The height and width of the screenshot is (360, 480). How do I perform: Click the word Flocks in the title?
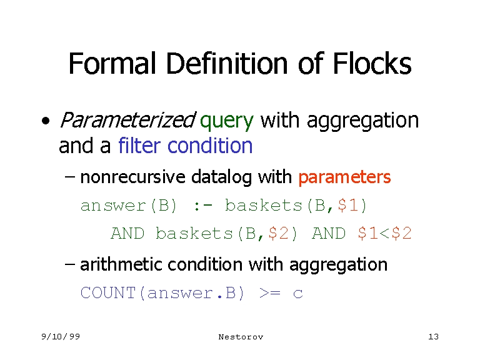pyautogui.click(x=372, y=63)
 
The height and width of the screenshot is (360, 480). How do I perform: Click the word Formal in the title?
pyautogui.click(x=112, y=63)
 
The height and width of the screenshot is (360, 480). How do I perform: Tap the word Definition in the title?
pyautogui.click(x=227, y=63)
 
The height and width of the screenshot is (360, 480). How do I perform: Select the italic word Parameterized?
pyautogui.click(x=127, y=120)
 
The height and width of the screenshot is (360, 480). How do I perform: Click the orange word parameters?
pyautogui.click(x=345, y=177)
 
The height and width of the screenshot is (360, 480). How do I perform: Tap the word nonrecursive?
pyautogui.click(x=133, y=177)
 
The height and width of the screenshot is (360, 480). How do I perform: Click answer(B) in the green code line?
pyautogui.click(x=129, y=206)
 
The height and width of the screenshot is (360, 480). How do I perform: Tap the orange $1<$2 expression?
pyautogui.click(x=384, y=233)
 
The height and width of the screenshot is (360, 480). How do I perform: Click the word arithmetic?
pyautogui.click(x=121, y=264)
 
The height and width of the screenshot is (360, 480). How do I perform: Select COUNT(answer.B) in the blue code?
pyautogui.click(x=162, y=293)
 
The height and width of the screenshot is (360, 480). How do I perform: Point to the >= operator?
pyautogui.click(x=269, y=293)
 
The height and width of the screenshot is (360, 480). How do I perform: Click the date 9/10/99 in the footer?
pyautogui.click(x=61, y=337)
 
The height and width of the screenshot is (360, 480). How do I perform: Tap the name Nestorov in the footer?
pyautogui.click(x=241, y=337)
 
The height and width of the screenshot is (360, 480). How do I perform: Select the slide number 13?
pyautogui.click(x=434, y=337)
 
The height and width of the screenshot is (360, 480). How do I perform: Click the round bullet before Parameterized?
pyautogui.click(x=46, y=121)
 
